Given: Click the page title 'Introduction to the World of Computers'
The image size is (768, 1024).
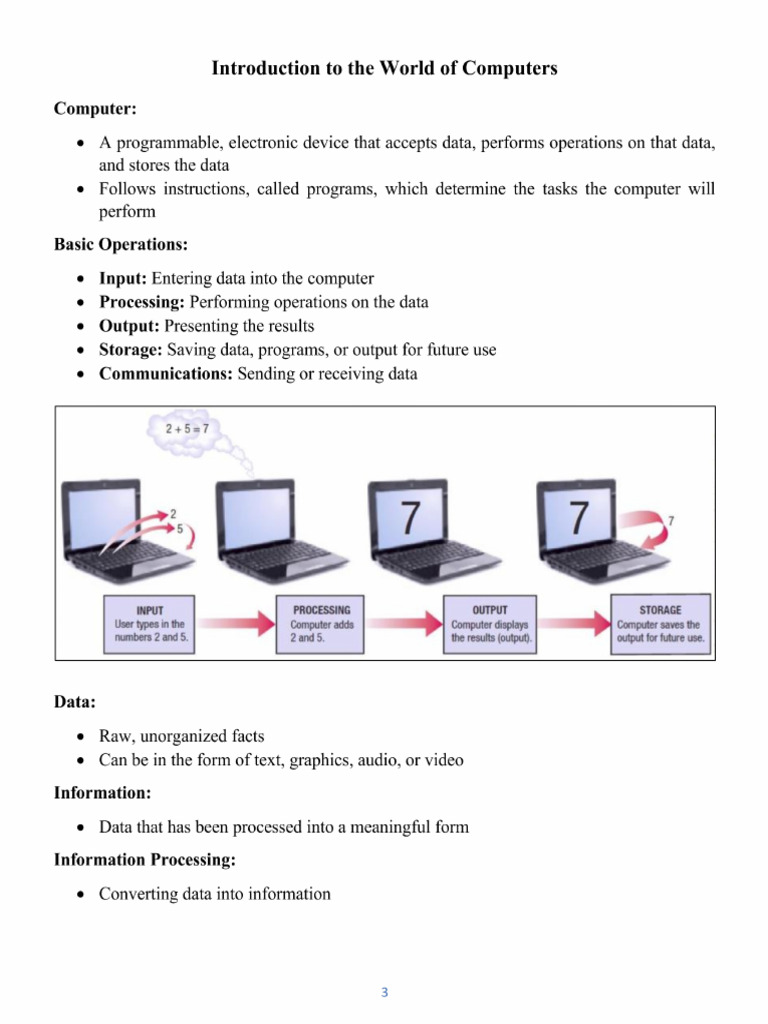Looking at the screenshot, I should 384,69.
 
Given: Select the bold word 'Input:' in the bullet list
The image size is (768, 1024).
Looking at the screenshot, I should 122,278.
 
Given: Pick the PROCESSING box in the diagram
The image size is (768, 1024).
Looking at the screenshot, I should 321,624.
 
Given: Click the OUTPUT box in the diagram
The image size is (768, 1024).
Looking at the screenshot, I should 490,624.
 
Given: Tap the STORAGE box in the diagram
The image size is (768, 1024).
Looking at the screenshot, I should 660,624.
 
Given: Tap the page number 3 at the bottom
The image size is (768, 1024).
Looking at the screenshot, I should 384,992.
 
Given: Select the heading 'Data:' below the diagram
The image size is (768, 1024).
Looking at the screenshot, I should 75,703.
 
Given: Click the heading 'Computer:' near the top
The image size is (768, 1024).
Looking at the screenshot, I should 88,107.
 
